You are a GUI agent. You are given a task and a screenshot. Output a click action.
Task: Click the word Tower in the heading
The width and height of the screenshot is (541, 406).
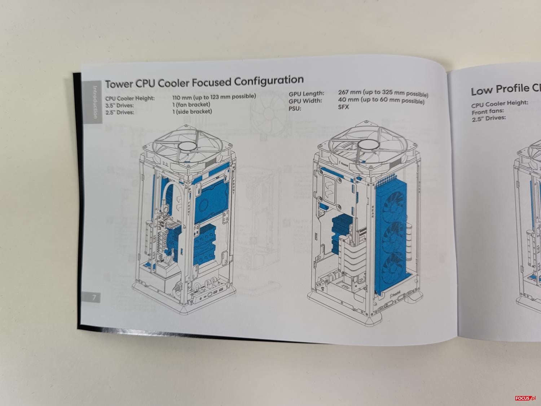tap(119, 84)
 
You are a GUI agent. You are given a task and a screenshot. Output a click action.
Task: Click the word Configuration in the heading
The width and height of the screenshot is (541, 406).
tap(269, 80)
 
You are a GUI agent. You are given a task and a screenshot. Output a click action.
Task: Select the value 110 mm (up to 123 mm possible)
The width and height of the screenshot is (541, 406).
tap(214, 97)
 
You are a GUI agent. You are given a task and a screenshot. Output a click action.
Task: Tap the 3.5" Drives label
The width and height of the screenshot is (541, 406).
tap(120, 105)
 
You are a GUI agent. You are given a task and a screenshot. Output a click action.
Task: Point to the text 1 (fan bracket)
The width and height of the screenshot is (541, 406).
tap(191, 104)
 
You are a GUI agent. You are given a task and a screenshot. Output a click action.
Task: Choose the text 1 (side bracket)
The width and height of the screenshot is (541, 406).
tap(192, 112)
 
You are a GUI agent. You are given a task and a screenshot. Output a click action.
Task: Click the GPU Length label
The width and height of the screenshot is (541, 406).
tap(306, 94)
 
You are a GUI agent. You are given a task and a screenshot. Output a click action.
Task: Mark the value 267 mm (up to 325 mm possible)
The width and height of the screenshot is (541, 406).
tap(383, 93)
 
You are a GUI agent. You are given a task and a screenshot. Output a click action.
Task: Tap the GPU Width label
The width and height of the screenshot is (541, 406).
tap(305, 101)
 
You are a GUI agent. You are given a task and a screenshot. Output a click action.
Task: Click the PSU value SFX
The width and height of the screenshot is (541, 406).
tap(343, 107)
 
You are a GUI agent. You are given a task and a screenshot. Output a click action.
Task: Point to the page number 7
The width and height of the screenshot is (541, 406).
tap(94, 297)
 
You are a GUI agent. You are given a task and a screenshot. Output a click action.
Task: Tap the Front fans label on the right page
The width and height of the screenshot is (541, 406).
tap(487, 111)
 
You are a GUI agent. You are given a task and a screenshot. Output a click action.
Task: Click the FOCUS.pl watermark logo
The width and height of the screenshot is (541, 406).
tap(526, 398)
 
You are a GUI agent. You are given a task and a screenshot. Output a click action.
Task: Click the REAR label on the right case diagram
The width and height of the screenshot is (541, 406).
tap(373, 212)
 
